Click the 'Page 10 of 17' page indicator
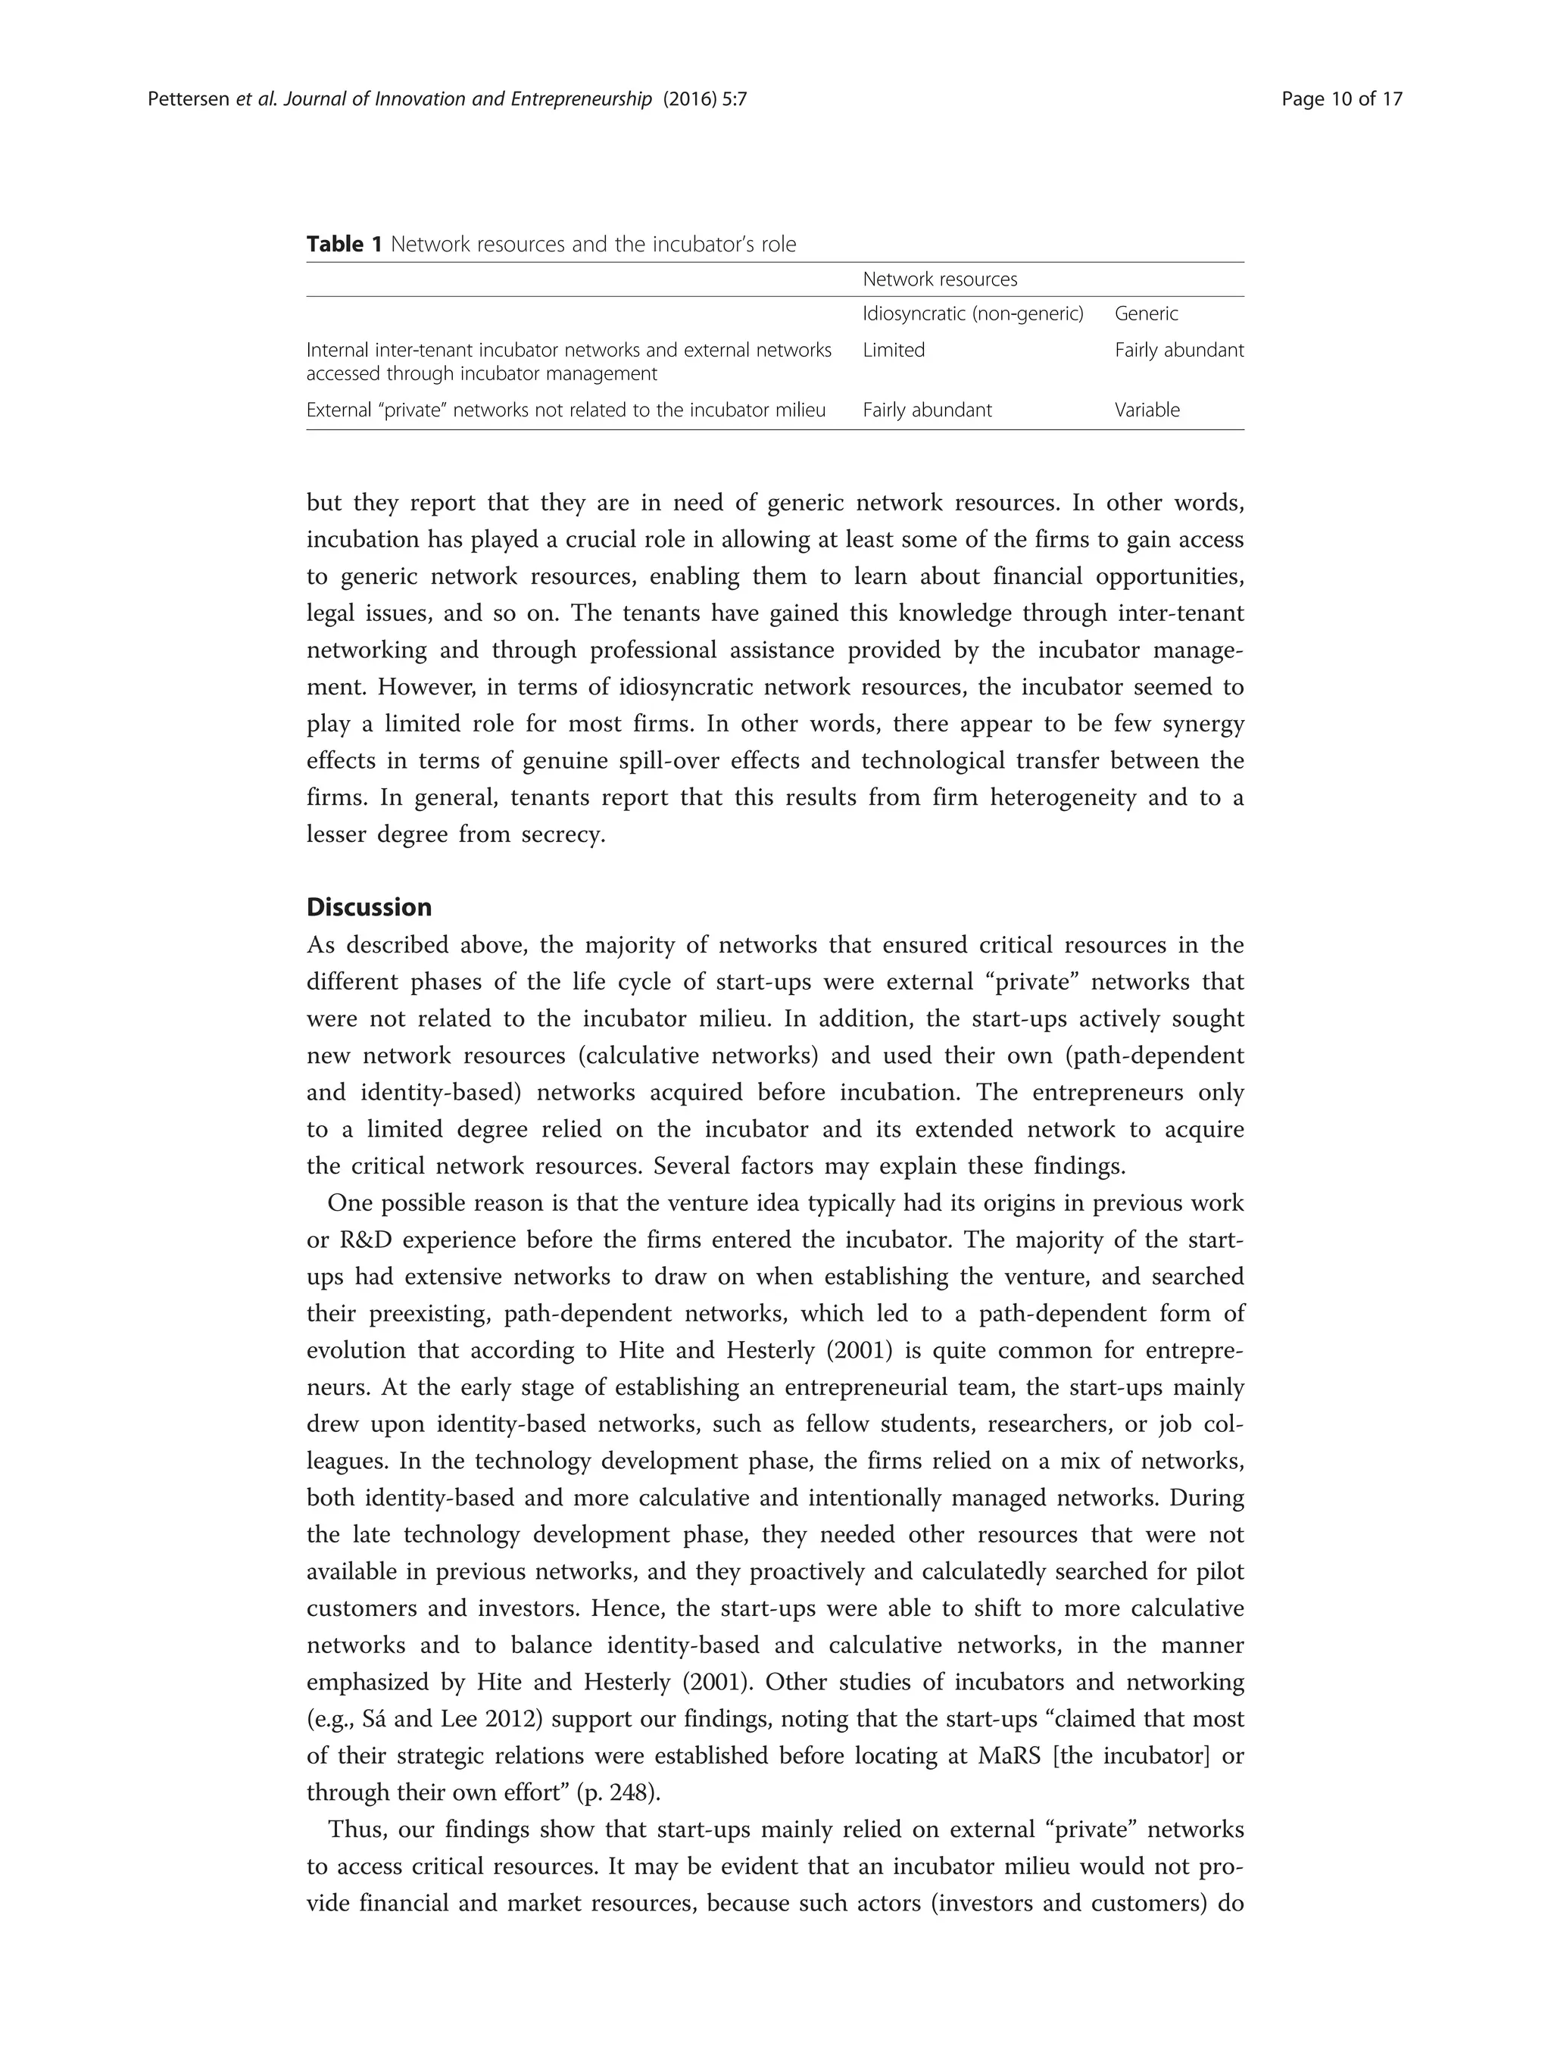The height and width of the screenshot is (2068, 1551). [1341, 99]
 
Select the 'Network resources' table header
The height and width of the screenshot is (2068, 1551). [940, 279]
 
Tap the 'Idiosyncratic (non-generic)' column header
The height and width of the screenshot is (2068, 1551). [972, 314]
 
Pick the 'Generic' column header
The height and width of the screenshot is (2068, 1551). [1146, 314]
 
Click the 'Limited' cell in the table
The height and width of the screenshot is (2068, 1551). [893, 351]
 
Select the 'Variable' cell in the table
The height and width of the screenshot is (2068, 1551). [1147, 410]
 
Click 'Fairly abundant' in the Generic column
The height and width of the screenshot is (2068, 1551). [1179, 351]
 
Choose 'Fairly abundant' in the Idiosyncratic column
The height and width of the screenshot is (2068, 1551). [926, 410]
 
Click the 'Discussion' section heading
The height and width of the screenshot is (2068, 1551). [370, 908]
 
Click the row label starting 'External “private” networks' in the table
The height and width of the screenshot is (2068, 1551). [566, 410]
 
